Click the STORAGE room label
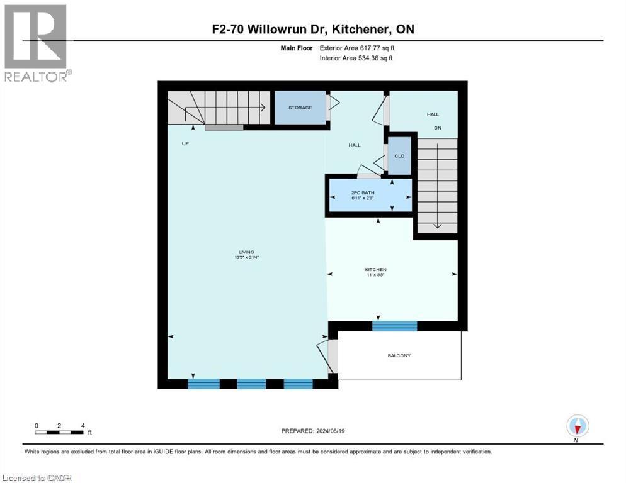click(x=300, y=108)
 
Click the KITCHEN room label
click(x=375, y=269)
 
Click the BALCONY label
click(x=399, y=355)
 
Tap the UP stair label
click(x=186, y=143)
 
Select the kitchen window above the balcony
click(x=394, y=326)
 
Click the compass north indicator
click(x=577, y=427)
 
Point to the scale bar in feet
click(x=60, y=431)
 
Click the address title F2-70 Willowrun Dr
click(x=313, y=30)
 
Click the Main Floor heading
click(x=297, y=47)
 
